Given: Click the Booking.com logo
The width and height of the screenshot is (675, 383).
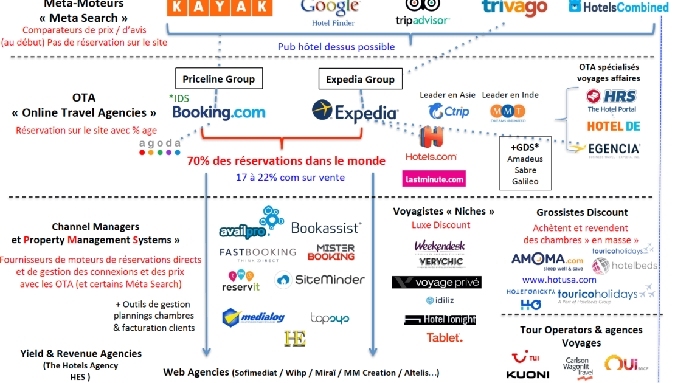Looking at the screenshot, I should pyautogui.click(x=219, y=112).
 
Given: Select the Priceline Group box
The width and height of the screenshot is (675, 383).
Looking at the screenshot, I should pyautogui.click(x=219, y=79).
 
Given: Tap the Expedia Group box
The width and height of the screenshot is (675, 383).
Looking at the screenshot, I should pyautogui.click(x=360, y=79).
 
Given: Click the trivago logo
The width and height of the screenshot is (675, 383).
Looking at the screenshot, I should pyautogui.click(x=514, y=7).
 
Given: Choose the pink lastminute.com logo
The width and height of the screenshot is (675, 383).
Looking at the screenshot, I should pyautogui.click(x=434, y=179).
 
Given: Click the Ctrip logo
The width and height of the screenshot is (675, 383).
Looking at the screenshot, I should pyautogui.click(x=449, y=112).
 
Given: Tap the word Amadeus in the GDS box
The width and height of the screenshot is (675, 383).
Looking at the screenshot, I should pyautogui.click(x=525, y=159).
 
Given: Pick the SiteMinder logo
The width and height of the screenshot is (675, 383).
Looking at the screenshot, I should pyautogui.click(x=320, y=280).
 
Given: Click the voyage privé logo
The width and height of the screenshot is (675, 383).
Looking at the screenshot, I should pyautogui.click(x=437, y=282).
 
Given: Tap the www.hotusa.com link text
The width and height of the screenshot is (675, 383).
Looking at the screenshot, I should pyautogui.click(x=559, y=280).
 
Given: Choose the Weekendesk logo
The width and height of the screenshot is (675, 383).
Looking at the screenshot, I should pyautogui.click(x=439, y=246).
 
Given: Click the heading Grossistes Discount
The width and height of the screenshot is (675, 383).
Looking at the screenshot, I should pyautogui.click(x=582, y=213).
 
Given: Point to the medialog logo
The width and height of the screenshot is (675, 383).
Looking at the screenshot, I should pyautogui.click(x=253, y=317).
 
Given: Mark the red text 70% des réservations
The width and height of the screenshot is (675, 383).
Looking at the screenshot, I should pyautogui.click(x=286, y=161).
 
